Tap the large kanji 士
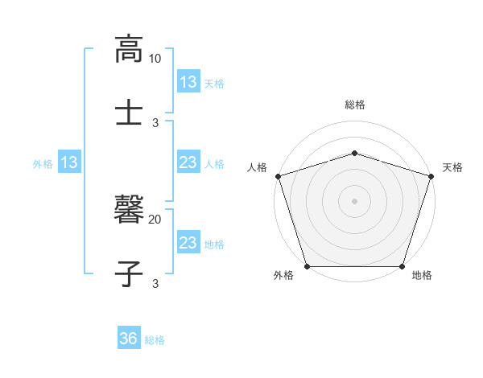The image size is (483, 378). coord(129,110)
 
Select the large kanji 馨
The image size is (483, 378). coord(129,211)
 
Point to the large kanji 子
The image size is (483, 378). coord(129,272)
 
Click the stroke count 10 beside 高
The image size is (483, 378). coord(155,60)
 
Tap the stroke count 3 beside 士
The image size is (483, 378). coord(155,122)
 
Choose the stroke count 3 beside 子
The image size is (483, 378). coord(155,283)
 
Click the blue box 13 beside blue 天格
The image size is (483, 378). coord(188,82)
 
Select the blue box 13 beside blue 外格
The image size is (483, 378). coord(69,163)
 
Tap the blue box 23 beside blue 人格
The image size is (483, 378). coord(188,163)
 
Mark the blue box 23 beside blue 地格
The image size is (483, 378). coord(188,243)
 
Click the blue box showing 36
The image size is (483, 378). coord(129,339)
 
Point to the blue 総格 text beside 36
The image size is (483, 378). coord(155,340)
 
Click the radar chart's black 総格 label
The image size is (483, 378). coord(354,105)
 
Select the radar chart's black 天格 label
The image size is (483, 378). coord(452,167)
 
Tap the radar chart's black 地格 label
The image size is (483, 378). coord(422,276)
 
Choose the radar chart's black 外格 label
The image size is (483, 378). coord(283,276)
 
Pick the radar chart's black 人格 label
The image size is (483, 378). coord(257,167)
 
